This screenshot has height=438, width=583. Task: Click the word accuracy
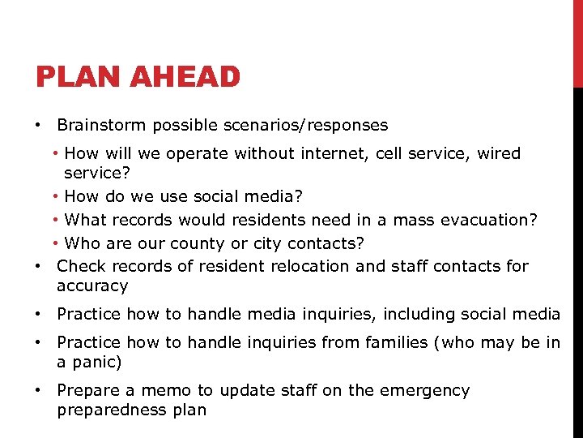point(92,286)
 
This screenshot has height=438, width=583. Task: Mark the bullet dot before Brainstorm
point(38,126)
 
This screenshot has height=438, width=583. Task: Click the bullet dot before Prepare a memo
point(38,390)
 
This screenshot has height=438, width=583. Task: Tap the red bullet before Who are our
point(57,243)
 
